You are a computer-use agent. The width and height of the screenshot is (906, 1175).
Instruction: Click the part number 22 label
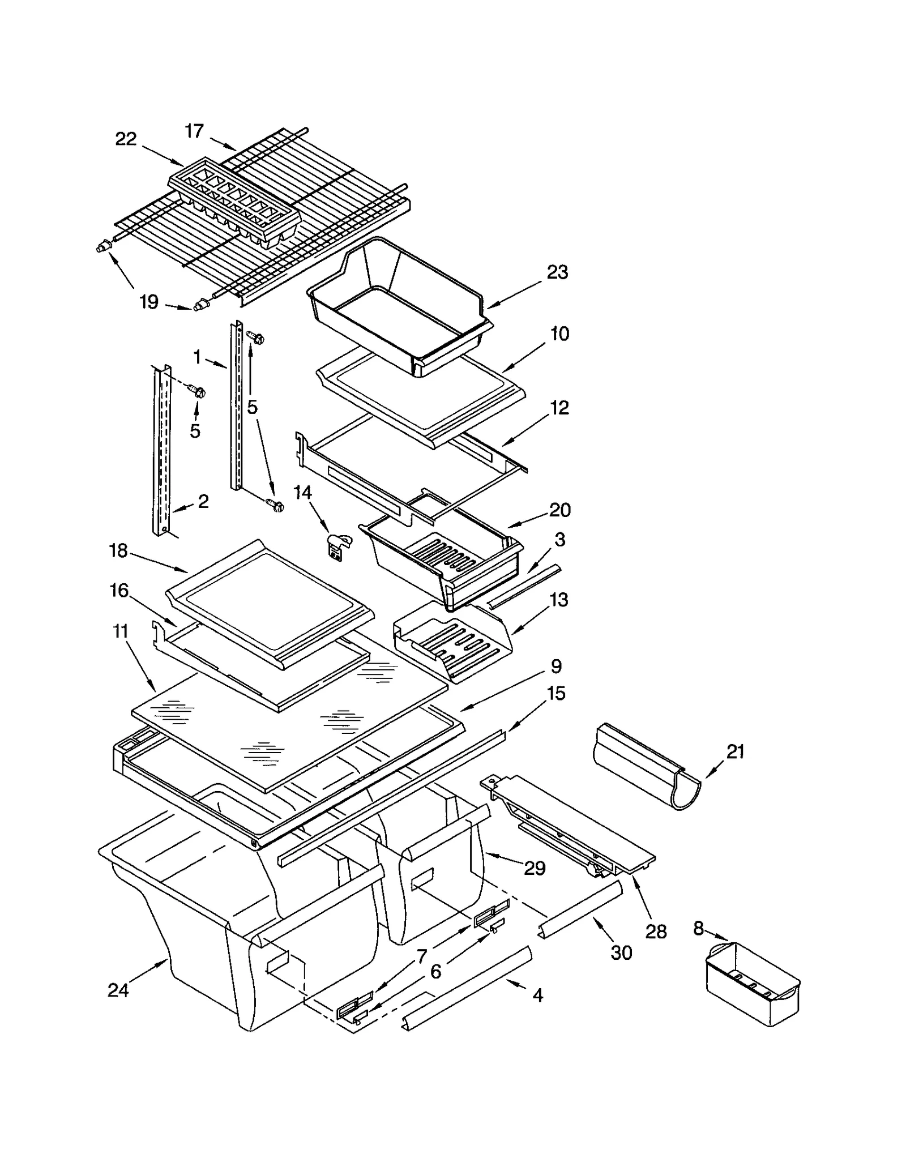[x=126, y=139]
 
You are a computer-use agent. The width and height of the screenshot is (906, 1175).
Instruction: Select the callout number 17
[x=194, y=131]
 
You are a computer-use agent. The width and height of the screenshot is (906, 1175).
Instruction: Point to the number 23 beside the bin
[x=557, y=272]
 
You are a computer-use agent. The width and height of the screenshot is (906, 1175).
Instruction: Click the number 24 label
[x=118, y=990]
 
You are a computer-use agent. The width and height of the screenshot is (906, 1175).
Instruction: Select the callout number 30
[x=621, y=953]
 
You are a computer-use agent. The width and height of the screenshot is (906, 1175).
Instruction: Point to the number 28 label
[x=656, y=932]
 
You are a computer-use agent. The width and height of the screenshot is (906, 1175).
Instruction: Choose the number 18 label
[x=118, y=550]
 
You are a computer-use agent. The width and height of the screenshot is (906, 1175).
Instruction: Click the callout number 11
[x=121, y=631]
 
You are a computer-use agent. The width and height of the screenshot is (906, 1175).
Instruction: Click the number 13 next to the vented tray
[x=559, y=600]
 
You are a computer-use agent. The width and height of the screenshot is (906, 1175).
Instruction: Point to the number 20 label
[x=559, y=510]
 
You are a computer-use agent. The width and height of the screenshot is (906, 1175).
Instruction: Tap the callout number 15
[x=556, y=693]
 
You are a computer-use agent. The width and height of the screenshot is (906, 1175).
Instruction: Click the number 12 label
[x=559, y=408]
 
